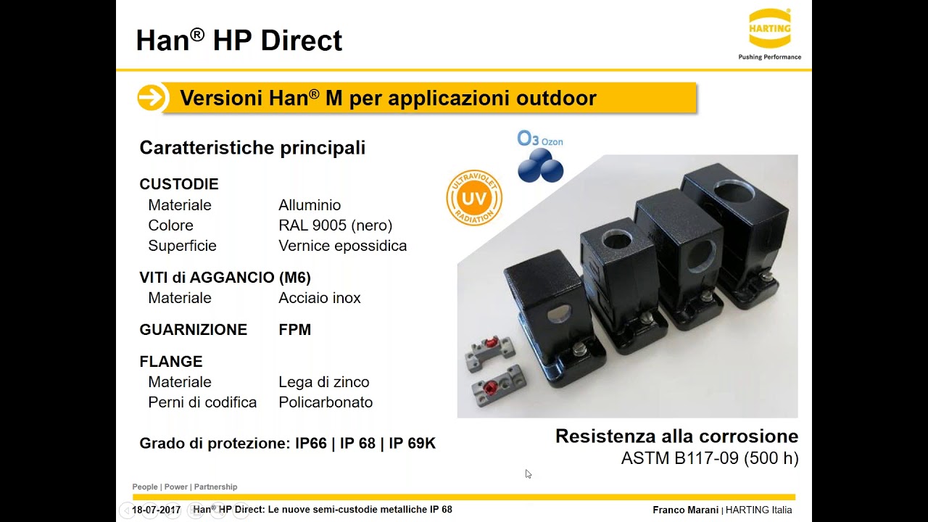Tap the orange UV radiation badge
click(474, 197)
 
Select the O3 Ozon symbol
click(540, 155)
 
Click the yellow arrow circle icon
click(151, 98)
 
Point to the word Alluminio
click(310, 205)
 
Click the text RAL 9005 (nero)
click(335, 225)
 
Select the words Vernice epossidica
click(342, 246)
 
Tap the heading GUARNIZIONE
click(193, 330)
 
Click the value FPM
click(294, 330)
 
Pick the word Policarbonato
click(326, 402)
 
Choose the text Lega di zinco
click(323, 382)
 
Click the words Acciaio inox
click(319, 298)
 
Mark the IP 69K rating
click(412, 444)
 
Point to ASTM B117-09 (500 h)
click(709, 459)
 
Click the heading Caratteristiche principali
click(252, 148)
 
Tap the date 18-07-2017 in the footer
click(156, 510)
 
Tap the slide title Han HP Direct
click(239, 41)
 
